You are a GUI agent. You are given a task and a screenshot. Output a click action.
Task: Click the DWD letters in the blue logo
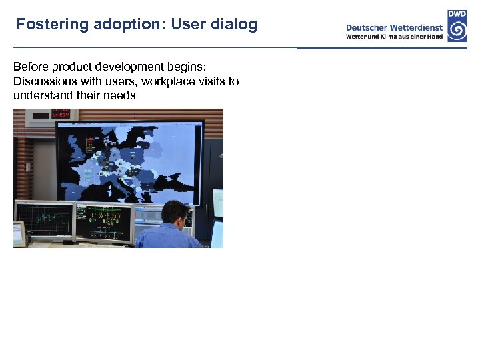point(457,13)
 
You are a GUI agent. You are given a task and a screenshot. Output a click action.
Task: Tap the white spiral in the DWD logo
point(457,30)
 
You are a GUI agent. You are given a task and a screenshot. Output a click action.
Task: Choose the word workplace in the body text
point(166,81)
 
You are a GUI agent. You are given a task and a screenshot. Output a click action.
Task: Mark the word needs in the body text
point(120,95)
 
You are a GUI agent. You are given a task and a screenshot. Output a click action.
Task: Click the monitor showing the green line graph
point(43,219)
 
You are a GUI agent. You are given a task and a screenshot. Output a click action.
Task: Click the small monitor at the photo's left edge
point(19,233)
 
